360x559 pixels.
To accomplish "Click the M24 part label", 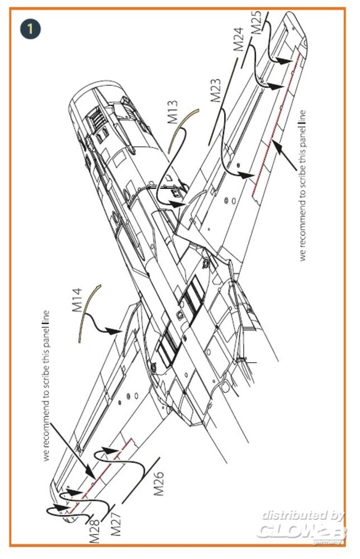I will tap(238, 39).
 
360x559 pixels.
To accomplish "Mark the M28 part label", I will tap(95, 532).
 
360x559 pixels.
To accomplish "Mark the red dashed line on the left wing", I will tap(101, 470).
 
